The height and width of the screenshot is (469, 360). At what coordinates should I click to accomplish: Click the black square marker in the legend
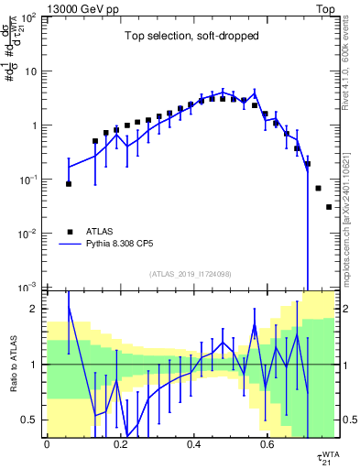[70, 232]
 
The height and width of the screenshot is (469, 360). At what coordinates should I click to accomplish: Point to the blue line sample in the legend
[70, 245]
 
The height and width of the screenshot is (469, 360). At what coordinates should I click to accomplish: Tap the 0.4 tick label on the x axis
[193, 445]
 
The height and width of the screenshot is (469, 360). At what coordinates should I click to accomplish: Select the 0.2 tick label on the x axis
[120, 445]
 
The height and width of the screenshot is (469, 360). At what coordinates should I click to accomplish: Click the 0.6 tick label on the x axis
[267, 445]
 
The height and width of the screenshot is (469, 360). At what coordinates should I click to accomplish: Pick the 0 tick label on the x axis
[47, 445]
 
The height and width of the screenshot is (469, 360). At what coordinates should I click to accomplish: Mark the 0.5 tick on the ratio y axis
[30, 420]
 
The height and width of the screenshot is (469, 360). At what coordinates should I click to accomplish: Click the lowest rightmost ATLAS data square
[329, 207]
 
